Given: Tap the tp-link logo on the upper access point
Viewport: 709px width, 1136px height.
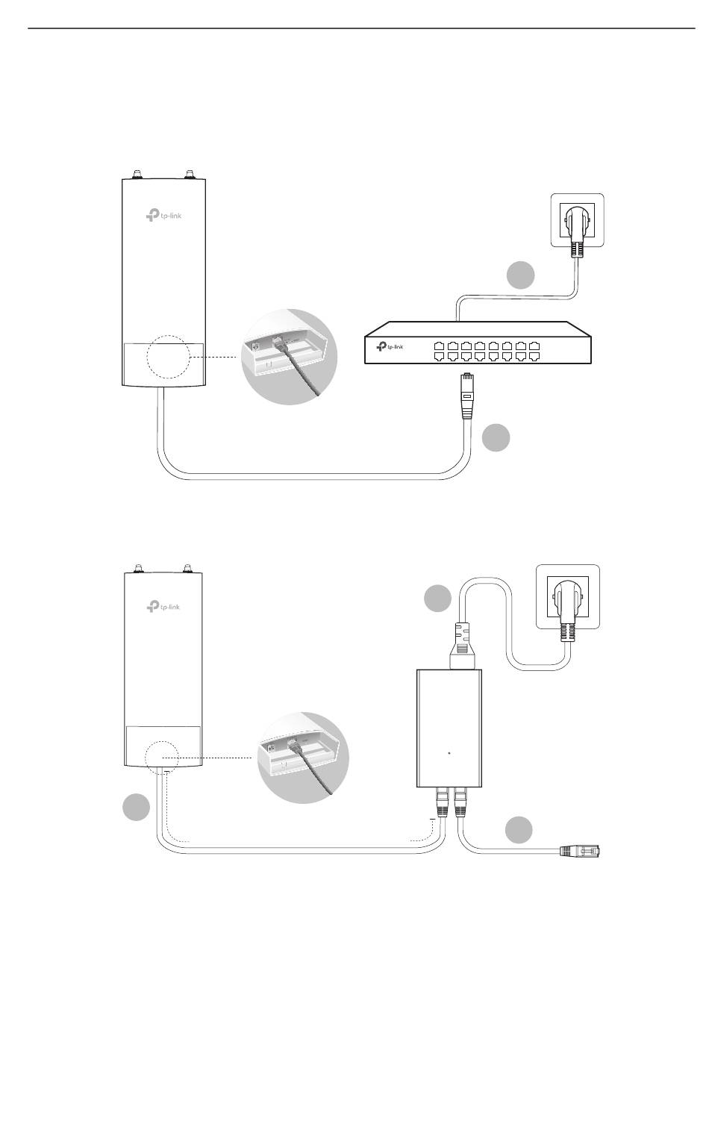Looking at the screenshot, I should pos(163,216).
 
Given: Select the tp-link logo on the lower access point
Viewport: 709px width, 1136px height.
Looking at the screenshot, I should pos(163,606).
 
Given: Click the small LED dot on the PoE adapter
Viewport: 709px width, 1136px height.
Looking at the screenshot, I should pos(449,752).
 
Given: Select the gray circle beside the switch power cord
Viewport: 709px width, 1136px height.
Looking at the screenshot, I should pos(520,275).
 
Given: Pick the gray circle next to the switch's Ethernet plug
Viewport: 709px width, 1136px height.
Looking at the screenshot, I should pos(496,438).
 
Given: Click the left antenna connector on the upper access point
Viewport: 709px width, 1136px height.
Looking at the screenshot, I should pos(138,175).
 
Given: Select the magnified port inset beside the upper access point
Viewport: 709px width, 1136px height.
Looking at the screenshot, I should pos(290,356).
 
